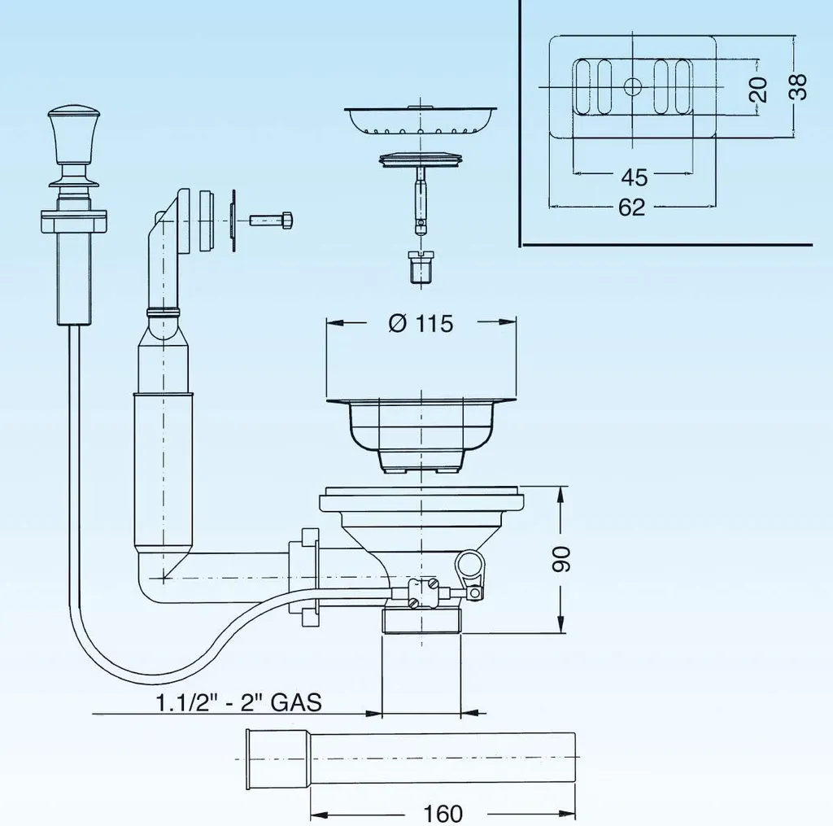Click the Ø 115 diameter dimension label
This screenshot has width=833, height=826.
421,323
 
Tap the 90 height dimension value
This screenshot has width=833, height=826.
561,558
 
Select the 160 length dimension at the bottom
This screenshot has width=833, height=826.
443,813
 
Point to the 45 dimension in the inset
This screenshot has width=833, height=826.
635,177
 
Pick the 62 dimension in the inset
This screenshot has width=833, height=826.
631,207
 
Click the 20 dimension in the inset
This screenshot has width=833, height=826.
759,90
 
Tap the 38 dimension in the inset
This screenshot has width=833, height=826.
798,86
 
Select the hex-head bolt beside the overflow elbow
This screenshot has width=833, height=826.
271,220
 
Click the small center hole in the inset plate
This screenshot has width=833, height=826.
632,86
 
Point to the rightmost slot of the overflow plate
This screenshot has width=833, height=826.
683,86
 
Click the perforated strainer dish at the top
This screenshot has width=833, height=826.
421,120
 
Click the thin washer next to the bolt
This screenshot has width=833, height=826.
233,221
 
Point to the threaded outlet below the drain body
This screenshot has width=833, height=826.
421,621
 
